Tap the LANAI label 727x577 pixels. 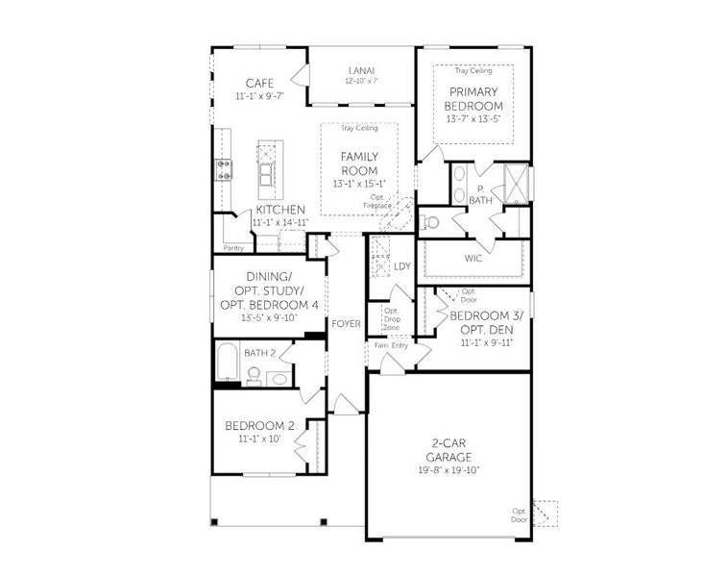tap(361, 71)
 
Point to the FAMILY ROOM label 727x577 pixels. tap(358, 163)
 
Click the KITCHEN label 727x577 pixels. tap(280, 210)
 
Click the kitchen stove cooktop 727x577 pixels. tap(224, 170)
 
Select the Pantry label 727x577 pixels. tap(233, 248)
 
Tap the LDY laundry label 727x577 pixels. tap(402, 266)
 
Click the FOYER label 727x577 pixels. tap(346, 324)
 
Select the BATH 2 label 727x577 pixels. tap(259, 353)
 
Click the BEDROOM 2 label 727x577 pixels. tap(259, 426)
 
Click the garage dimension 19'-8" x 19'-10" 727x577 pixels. tap(448, 470)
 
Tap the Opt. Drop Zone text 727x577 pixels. tap(392, 318)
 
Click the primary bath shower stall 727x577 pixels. tap(516, 182)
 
